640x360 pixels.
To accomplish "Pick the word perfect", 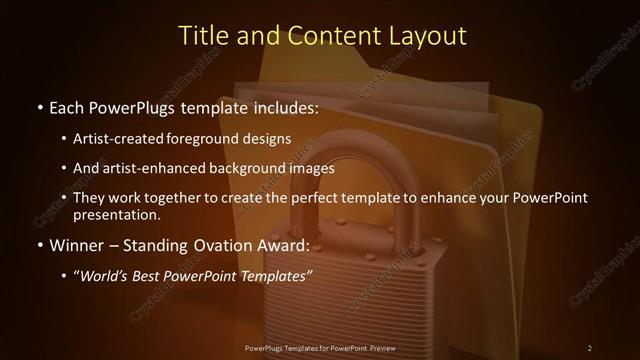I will click(314, 198).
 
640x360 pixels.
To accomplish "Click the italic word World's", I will click(107, 276).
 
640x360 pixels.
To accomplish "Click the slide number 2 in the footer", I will click(589, 348).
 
